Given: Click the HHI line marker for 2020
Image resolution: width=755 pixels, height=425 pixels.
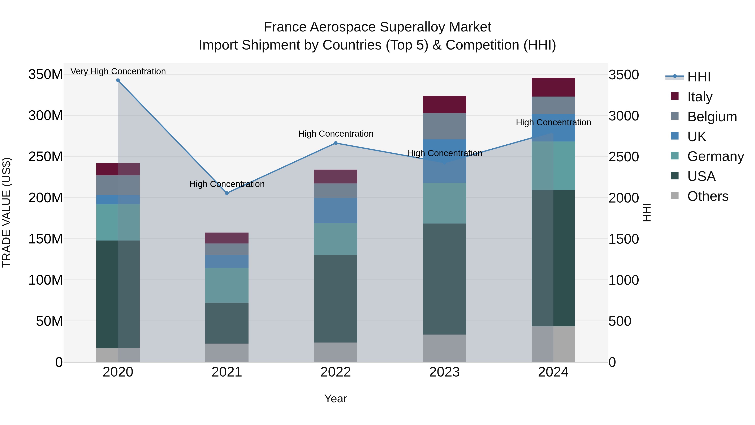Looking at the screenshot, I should tap(118, 80).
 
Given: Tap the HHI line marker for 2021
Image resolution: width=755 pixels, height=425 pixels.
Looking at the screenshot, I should tap(227, 193).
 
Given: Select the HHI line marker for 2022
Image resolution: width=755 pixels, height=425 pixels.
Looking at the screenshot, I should tap(336, 143).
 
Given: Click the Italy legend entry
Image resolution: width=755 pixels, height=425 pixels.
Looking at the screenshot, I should tap(700, 97).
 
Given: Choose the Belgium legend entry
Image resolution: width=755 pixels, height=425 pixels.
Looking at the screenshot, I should tap(712, 117).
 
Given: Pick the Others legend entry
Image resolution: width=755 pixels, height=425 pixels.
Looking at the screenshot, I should tap(708, 196).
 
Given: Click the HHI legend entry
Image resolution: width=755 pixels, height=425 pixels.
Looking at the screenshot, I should tap(699, 77).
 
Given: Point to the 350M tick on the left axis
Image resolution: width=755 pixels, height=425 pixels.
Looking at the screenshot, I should tap(46, 75).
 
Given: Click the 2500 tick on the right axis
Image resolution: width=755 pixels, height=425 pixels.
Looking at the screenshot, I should tap(624, 157).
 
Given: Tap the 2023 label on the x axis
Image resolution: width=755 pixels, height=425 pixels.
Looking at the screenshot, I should tap(444, 372).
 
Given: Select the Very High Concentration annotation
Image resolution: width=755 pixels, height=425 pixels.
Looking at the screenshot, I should tap(118, 72).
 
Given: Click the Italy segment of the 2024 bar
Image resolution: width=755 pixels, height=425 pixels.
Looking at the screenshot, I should tap(553, 87).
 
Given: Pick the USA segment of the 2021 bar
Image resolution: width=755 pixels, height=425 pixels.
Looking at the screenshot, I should tap(227, 323).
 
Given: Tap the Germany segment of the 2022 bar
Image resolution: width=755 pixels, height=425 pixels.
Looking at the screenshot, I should tap(336, 239).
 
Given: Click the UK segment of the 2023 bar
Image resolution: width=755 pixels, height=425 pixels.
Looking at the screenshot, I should tap(444, 161).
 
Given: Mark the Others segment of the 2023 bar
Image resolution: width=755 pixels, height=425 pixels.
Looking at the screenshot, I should tap(444, 348).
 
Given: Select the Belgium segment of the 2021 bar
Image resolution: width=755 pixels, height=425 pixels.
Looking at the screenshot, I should tap(227, 249).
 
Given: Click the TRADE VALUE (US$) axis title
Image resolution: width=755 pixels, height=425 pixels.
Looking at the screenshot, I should tap(7, 212).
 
